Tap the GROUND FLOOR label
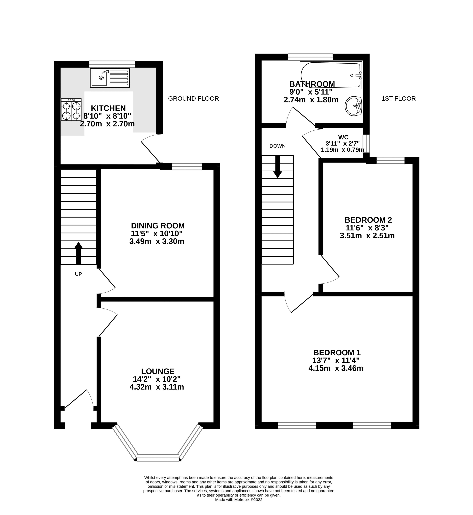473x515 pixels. click(x=194, y=98)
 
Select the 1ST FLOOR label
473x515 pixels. click(x=398, y=98)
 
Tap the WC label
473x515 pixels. click(x=343, y=137)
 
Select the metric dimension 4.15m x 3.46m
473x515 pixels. click(x=336, y=368)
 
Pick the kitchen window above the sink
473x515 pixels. click(x=112, y=64)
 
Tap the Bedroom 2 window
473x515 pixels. click(x=390, y=160)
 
